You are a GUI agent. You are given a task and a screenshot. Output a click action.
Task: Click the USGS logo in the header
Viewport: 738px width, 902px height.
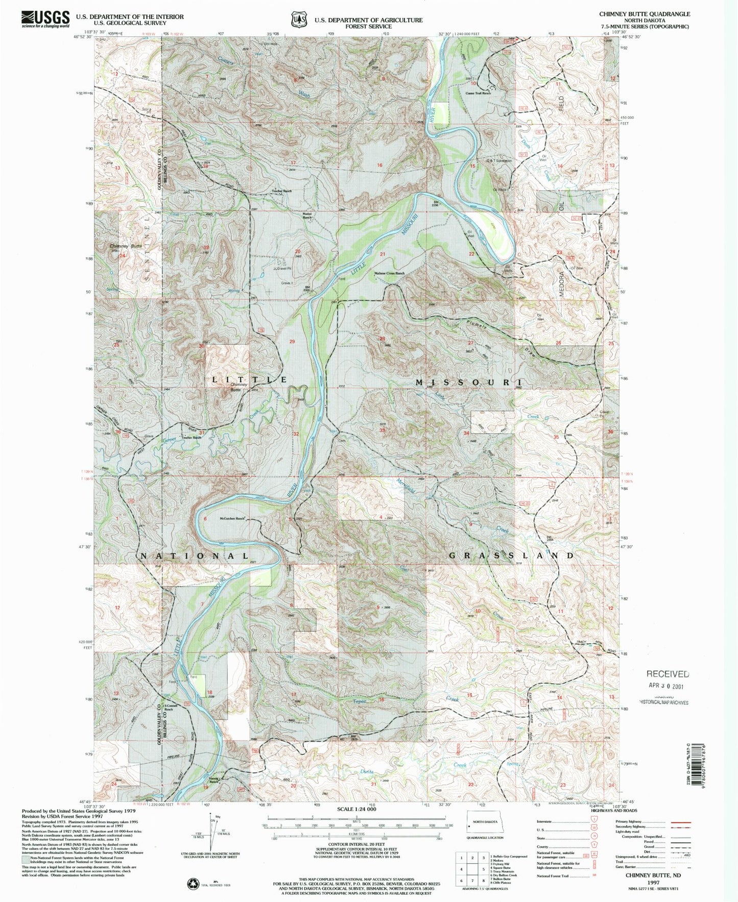click(45, 19)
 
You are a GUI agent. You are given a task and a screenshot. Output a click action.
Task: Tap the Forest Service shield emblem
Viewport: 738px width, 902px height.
click(298, 19)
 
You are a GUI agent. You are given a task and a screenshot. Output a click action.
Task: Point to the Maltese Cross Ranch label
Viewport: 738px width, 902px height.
click(389, 273)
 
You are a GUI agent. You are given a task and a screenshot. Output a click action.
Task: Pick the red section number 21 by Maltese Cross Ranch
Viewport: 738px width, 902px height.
click(382, 254)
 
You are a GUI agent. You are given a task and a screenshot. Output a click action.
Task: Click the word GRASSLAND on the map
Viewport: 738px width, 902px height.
click(512, 555)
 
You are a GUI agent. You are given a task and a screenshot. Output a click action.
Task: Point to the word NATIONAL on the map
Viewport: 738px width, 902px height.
click(194, 556)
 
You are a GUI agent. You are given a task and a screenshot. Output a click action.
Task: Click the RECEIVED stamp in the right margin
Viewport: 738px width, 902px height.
click(668, 674)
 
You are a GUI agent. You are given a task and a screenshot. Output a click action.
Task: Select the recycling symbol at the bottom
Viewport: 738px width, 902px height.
click(191, 882)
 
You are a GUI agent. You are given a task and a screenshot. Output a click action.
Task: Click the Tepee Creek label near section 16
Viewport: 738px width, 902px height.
click(360, 701)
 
